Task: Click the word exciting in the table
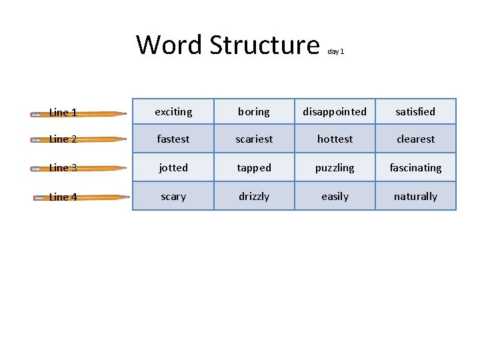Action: point(173,112)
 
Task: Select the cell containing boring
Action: point(254,112)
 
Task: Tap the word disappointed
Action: point(335,112)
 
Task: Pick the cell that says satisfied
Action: point(415,112)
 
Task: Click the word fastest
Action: point(173,139)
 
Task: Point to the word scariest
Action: point(254,139)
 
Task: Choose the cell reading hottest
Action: point(335,139)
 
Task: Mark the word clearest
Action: point(415,139)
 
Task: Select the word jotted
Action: point(173,168)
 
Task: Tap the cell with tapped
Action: point(254,168)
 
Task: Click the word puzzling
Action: point(335,168)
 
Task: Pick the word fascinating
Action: point(415,168)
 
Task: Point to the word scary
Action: point(173,197)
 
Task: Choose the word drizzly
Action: point(254,197)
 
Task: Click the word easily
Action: point(335,197)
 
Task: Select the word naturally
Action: point(415,197)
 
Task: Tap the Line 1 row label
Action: point(63,113)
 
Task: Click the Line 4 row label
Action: point(63,197)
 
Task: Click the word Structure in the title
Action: point(264,45)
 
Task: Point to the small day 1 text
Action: point(335,51)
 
